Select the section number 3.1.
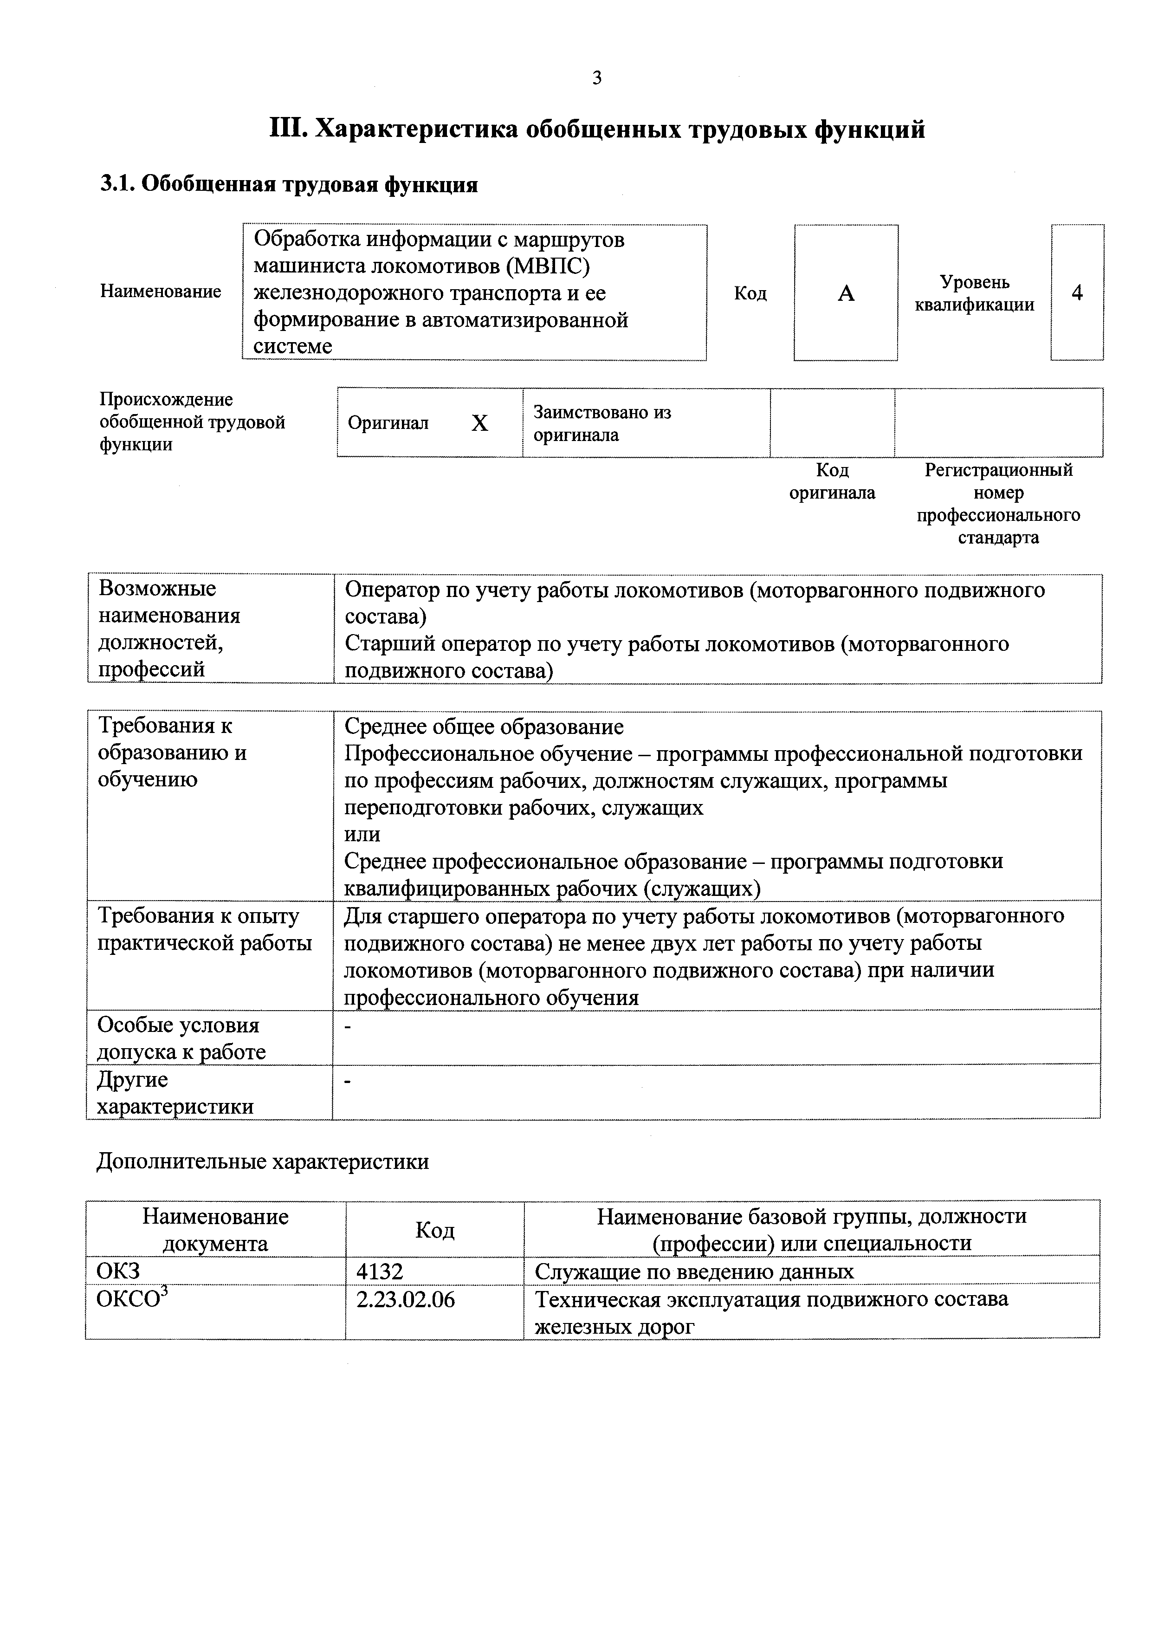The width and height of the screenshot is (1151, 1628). [117, 185]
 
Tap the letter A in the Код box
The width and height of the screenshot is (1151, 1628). [846, 293]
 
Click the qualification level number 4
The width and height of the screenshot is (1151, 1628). [1077, 293]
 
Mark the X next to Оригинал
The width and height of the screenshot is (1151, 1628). [480, 423]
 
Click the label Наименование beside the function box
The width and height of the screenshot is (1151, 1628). [160, 292]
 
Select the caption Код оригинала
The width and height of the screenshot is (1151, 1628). [832, 481]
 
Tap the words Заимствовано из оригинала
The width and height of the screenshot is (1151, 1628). [602, 423]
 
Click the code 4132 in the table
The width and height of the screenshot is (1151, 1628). [380, 1272]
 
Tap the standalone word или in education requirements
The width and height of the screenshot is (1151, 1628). [362, 835]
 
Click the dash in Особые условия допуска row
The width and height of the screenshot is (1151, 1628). [347, 1026]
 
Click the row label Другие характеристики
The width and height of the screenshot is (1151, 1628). [175, 1093]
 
